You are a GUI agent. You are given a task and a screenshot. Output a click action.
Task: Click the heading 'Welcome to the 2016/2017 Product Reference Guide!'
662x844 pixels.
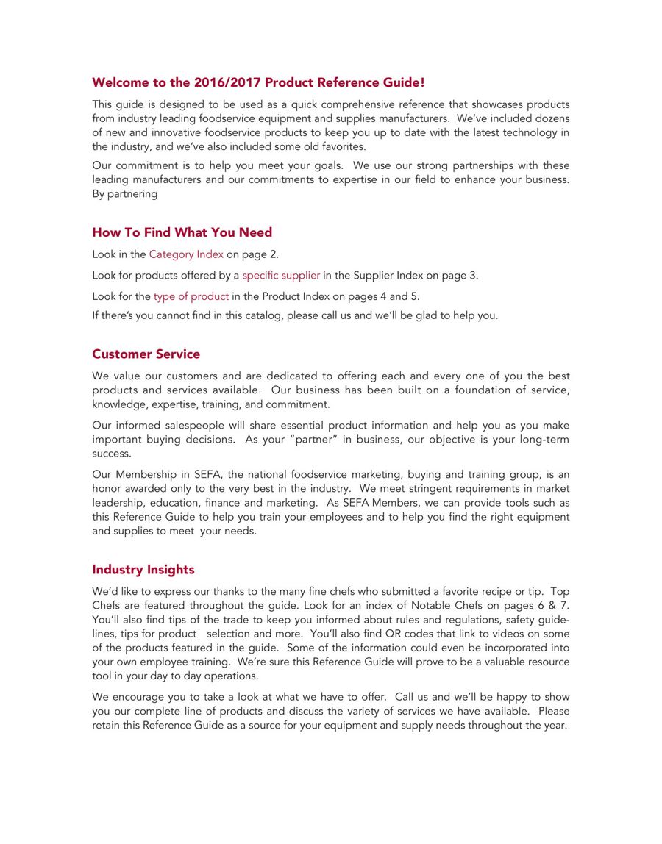(x=258, y=82)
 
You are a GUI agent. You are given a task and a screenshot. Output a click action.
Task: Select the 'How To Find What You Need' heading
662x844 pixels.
(x=182, y=232)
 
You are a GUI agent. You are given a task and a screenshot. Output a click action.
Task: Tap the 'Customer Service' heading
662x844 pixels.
(x=146, y=354)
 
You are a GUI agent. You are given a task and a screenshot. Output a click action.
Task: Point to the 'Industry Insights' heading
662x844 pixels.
(x=143, y=570)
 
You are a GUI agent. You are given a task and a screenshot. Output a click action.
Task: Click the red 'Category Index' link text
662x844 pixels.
(x=186, y=254)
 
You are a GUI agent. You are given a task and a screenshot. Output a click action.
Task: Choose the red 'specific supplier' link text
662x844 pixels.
(x=281, y=276)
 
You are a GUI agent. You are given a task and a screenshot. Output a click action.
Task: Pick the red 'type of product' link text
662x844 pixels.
(x=191, y=296)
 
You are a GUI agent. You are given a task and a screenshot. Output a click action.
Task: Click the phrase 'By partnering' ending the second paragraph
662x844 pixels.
(x=125, y=194)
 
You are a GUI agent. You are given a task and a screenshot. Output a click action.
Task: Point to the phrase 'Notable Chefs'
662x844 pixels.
(x=445, y=606)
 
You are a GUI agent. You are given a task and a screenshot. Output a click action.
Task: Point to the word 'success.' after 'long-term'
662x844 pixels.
(x=112, y=454)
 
